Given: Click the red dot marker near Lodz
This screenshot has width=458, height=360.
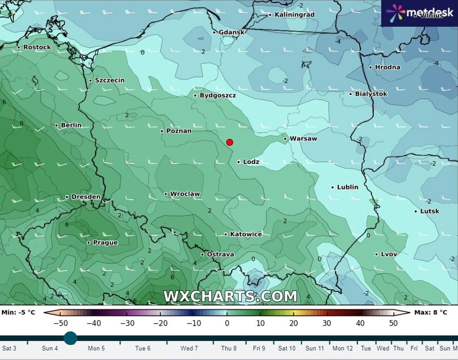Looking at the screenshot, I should click(229, 142).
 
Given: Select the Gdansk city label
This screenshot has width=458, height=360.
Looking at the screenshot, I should click(231, 32).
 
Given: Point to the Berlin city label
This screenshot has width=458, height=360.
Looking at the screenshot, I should click(71, 125).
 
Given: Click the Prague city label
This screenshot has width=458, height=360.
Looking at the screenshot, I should click(105, 242).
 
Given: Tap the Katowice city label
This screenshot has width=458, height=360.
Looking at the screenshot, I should click(246, 234).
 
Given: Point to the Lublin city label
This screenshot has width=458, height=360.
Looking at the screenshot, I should click(348, 187).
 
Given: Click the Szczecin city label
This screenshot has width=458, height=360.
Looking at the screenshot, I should click(110, 80).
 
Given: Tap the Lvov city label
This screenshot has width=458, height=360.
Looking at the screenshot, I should click(388, 254).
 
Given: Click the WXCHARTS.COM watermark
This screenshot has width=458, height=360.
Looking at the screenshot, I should click(230, 296).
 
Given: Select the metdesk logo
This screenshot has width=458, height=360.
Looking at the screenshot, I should click(419, 12).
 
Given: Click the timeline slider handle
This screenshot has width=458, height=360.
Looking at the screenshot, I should click(70, 338).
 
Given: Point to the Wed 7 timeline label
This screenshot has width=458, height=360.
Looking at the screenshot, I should click(189, 349).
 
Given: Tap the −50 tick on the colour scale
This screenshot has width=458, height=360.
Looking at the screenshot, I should click(61, 323).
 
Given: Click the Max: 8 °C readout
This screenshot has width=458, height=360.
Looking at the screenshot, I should click(431, 312).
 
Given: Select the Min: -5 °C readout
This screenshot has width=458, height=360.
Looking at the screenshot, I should click(19, 312).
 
